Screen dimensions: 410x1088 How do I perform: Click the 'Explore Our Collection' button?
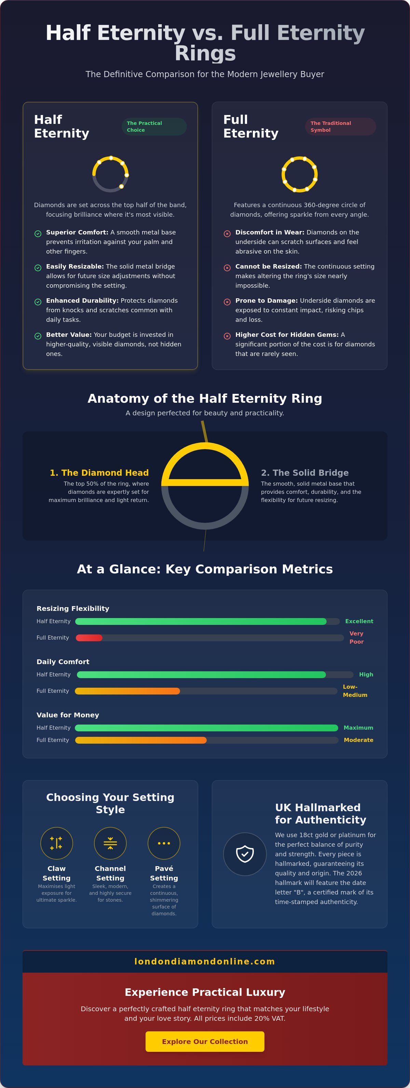pyautogui.click(x=205, y=1042)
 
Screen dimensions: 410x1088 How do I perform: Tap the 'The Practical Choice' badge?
pyautogui.click(x=154, y=127)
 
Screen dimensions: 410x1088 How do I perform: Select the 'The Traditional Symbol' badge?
pyautogui.click(x=341, y=127)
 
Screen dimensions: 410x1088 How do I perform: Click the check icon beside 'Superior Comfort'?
pyautogui.click(x=38, y=233)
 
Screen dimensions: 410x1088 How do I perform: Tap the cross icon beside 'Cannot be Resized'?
pyautogui.click(x=227, y=268)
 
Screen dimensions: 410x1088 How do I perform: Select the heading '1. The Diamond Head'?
pyautogui.click(x=99, y=473)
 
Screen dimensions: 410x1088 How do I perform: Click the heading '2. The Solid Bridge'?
pyautogui.click(x=305, y=473)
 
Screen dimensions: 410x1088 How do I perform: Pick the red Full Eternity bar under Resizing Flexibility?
pyautogui.click(x=89, y=638)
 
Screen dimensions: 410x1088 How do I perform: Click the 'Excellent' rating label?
pyautogui.click(x=359, y=621)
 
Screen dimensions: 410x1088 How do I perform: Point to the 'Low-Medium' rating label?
pyautogui.click(x=355, y=691)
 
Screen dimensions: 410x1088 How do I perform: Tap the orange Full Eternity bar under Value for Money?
pyautogui.click(x=141, y=740)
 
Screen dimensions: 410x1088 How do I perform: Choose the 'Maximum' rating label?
pyautogui.click(x=358, y=728)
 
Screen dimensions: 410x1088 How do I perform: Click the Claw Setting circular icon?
pyautogui.click(x=57, y=843)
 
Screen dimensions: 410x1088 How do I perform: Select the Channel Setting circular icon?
pyautogui.click(x=110, y=843)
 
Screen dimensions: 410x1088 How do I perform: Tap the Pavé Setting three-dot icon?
pyautogui.click(x=164, y=843)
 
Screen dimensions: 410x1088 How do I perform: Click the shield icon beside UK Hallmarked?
pyautogui.click(x=245, y=854)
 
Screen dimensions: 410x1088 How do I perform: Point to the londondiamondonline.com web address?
pyautogui.click(x=205, y=962)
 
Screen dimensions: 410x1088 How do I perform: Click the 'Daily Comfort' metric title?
pyautogui.click(x=63, y=662)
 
